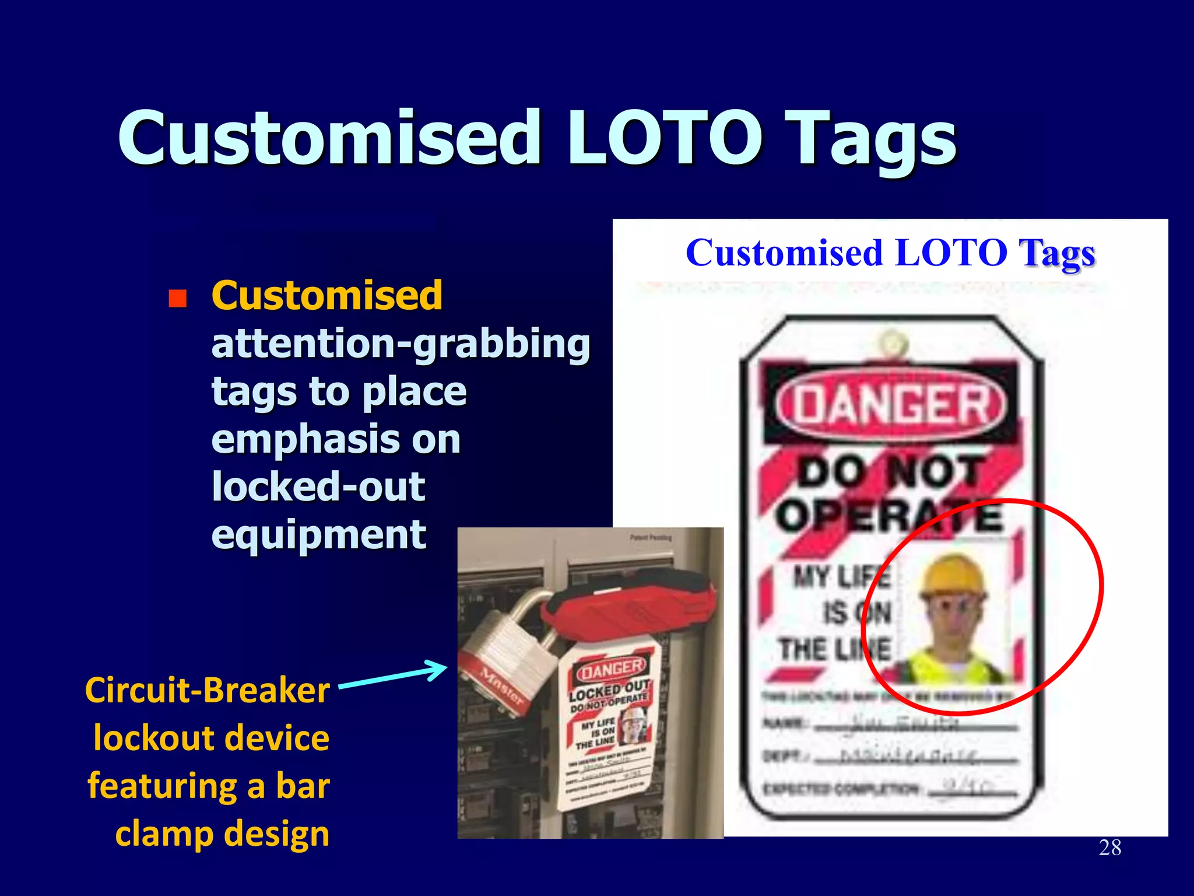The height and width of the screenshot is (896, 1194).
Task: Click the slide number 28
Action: point(1109,848)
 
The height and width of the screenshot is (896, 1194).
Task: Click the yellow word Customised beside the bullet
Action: point(326,295)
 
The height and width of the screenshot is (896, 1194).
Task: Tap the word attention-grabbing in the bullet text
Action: point(401,344)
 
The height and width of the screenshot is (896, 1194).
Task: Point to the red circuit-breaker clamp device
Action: point(630,607)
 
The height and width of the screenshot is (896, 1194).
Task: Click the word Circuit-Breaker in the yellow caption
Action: point(208,691)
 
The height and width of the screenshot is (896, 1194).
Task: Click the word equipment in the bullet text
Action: point(318,535)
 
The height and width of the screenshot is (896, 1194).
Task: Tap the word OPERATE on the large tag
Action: point(889,516)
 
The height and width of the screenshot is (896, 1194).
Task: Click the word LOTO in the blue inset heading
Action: point(951,253)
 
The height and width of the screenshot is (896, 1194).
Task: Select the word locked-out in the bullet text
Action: point(318,487)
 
